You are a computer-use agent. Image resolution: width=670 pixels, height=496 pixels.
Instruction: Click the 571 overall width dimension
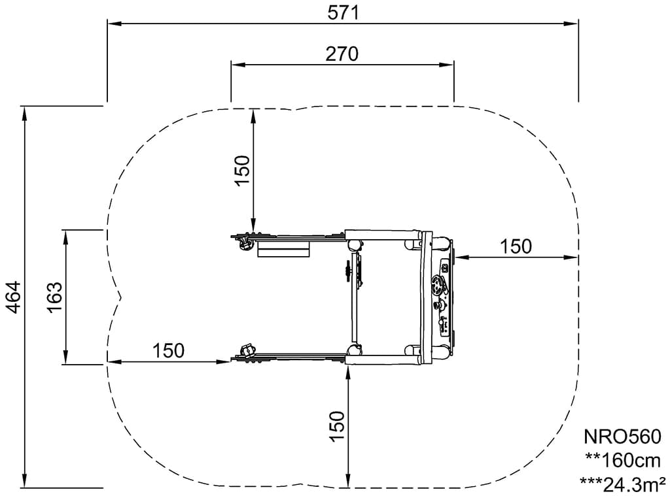pos(343,13)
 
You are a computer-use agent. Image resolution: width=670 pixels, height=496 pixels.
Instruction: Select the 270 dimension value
pos(342,54)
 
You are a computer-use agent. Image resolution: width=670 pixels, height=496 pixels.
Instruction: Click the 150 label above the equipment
pos(242,171)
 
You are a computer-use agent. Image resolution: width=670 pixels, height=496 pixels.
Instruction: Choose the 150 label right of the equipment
pos(516,246)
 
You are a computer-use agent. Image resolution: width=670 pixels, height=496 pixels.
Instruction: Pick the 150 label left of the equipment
pos(168,351)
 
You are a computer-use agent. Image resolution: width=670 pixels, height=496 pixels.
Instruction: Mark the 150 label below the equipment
pos(337,427)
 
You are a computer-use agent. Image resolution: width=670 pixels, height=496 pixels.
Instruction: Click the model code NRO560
pos(622,437)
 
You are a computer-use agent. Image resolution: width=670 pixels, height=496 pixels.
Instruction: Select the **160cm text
pos(623,460)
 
